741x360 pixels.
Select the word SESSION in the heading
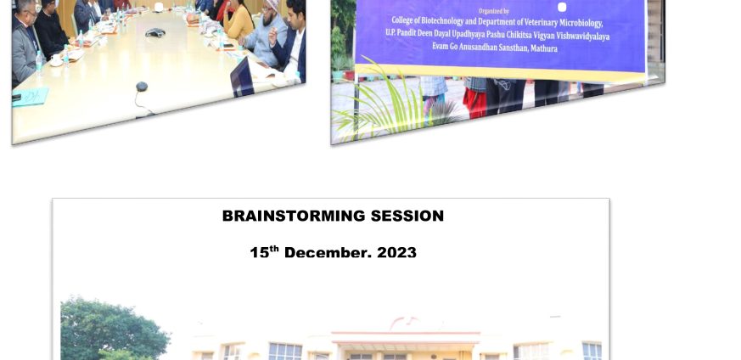407,216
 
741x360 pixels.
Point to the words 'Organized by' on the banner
493,11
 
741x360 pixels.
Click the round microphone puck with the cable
142,87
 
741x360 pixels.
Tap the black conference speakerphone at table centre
155,32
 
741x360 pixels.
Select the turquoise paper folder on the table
30,97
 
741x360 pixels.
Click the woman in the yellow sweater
239,21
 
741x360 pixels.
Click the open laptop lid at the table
242,77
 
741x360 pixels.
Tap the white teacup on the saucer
56,59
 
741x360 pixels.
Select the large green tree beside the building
114,329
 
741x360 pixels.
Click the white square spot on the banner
562,7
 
